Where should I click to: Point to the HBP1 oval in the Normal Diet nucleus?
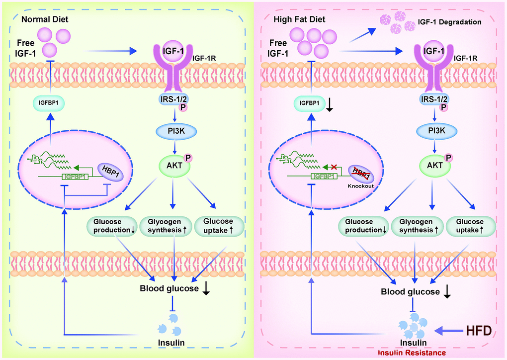[x=107, y=170]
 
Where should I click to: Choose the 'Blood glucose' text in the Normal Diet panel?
[x=169, y=288]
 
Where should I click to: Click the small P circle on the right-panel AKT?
[x=451, y=159]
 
